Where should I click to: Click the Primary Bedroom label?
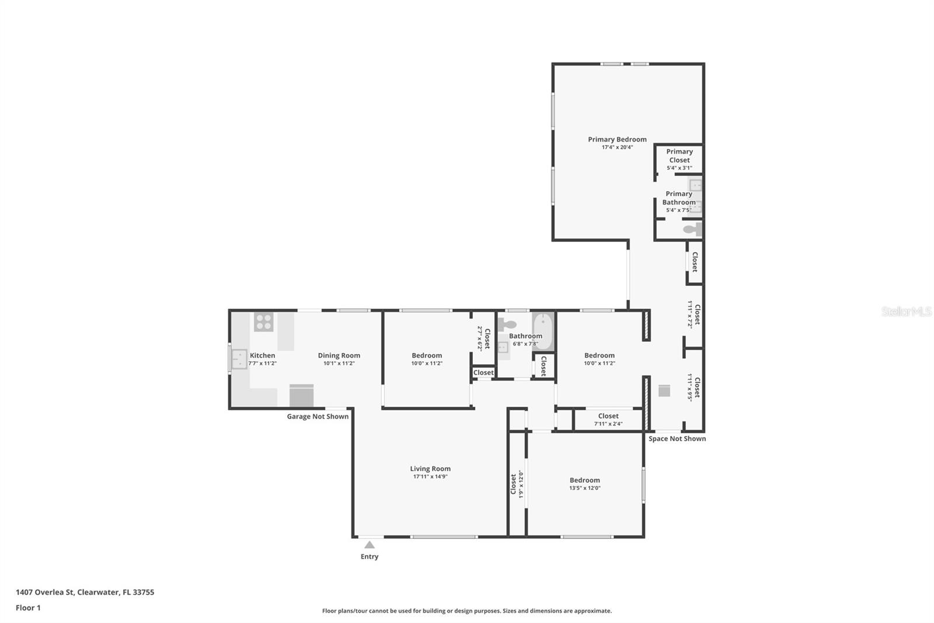tap(617, 140)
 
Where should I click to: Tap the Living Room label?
tap(430, 469)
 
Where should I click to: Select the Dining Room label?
tap(339, 355)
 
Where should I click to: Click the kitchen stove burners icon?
tap(263, 322)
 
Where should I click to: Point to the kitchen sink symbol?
tap(239, 359)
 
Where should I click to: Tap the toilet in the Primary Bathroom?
tap(692, 229)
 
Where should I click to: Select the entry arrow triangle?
tap(370, 545)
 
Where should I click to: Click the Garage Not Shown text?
tap(318, 416)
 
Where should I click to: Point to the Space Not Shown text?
tap(677, 438)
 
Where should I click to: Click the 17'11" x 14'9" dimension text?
tap(430, 476)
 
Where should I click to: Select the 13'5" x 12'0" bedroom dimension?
tap(585, 488)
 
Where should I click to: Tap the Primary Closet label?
tap(679, 155)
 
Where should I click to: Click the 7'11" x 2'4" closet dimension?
tap(608, 424)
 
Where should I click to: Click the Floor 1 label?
tap(29, 608)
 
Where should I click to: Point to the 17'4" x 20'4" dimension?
tap(617, 147)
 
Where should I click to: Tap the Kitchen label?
tap(262, 355)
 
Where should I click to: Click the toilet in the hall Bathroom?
tap(507, 324)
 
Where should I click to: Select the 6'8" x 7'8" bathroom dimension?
tap(525, 344)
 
